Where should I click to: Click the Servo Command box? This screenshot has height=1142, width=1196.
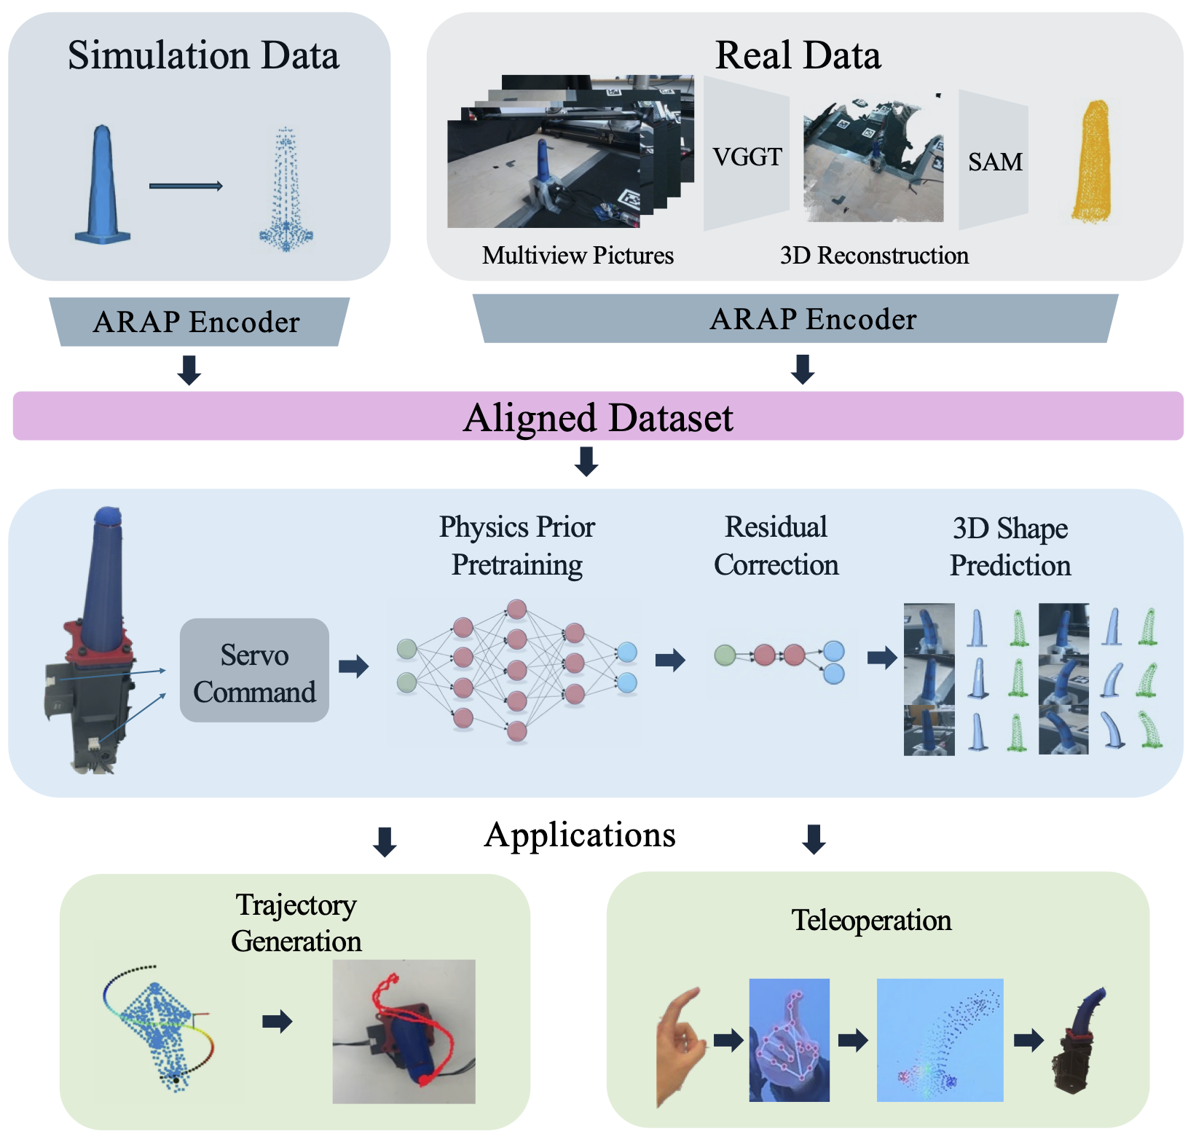254,670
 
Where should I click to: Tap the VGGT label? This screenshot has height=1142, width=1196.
747,157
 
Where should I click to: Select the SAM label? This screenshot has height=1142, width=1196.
994,162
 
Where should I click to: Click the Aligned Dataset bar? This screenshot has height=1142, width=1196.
598,417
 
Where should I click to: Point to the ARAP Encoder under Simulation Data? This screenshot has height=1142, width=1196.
197,322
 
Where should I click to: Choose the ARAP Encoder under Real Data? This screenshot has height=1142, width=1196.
812,319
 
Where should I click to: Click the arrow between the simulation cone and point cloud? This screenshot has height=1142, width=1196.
186,186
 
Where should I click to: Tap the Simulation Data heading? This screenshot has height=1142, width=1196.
203,56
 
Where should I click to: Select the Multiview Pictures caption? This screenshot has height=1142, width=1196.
578,256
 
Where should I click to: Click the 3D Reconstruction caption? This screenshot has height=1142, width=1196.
874,256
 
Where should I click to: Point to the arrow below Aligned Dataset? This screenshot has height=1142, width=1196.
586,462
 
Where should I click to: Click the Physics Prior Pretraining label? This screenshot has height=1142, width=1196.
516,546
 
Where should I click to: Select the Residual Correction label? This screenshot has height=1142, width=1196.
776,546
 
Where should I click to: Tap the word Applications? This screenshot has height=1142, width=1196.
580,835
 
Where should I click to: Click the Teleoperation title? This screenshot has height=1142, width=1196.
871,921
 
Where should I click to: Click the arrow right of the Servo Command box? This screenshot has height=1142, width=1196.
354,666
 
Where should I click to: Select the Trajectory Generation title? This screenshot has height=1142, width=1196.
296,923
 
